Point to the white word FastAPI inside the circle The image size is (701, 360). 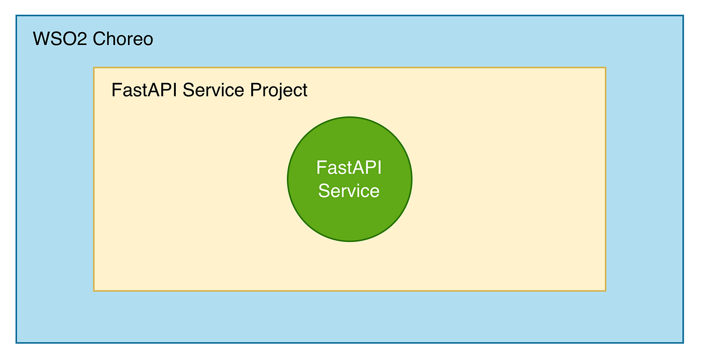349,168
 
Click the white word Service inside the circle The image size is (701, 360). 349,191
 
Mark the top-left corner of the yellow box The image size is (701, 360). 94,68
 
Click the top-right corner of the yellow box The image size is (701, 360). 606,68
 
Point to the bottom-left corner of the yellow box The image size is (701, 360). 94,290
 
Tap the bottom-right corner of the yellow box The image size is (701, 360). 606,290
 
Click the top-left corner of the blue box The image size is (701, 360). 16,16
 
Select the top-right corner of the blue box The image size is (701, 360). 683,16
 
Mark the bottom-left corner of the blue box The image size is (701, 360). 16,342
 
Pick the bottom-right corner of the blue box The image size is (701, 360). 683,342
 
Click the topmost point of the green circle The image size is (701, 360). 349,117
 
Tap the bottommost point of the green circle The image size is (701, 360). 349,242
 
